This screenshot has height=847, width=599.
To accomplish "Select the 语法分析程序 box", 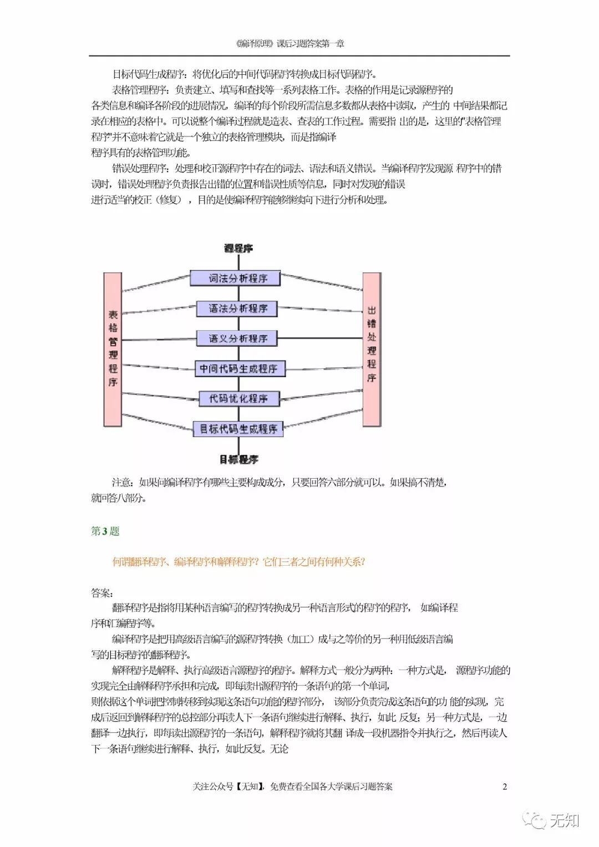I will tap(237, 308).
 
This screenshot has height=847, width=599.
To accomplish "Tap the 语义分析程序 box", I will tap(237, 338).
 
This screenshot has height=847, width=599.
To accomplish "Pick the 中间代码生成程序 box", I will tap(239, 368).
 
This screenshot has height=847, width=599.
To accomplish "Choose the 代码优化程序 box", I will tap(239, 398).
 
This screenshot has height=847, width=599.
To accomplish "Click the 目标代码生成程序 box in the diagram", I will tap(238, 429).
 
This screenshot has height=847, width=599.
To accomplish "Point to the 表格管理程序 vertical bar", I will tap(113, 349).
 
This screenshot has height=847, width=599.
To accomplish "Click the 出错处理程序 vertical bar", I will tap(372, 349).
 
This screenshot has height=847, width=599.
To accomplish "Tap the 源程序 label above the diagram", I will tap(238, 248).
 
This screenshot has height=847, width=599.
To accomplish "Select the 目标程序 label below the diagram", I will tap(238, 459).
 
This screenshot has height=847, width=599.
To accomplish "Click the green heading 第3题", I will tap(105, 531).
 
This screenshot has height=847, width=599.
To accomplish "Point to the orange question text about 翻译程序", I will tap(238, 562).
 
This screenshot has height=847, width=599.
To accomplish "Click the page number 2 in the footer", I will tap(504, 786).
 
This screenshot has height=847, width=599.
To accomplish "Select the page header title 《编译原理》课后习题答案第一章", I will tap(290, 44).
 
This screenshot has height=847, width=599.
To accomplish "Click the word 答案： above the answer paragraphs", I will tap(101, 593).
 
